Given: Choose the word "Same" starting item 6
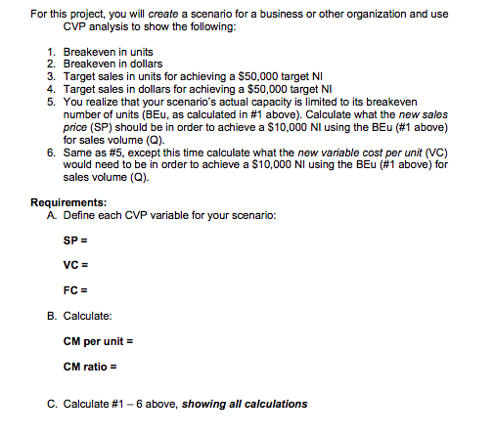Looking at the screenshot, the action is pyautogui.click(x=76, y=153).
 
